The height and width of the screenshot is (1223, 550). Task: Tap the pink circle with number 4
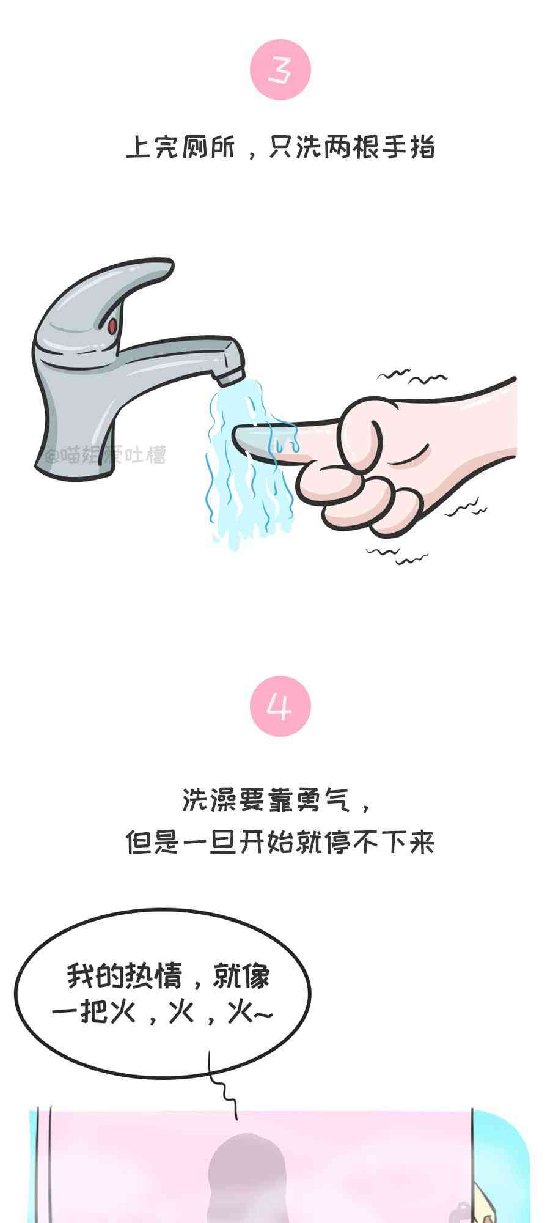pyautogui.click(x=280, y=706)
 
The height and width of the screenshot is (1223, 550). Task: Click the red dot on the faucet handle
pyautogui.click(x=112, y=326)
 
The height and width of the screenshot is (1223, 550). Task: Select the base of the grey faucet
pyautogui.click(x=73, y=453)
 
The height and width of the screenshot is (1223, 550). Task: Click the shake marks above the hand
pyautogui.click(x=404, y=375)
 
